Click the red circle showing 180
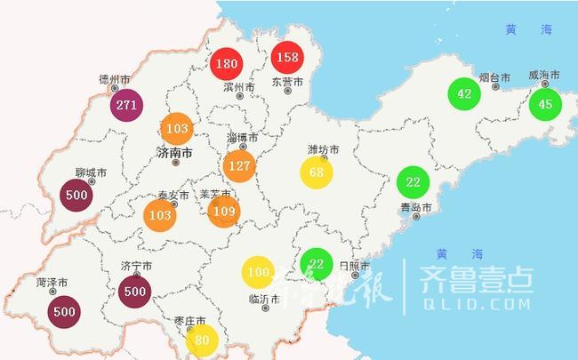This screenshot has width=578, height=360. (x=227, y=63)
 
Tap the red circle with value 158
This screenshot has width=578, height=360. (x=288, y=58)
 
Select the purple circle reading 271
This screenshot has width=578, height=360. (x=126, y=106)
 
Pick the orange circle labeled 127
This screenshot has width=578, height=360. (x=239, y=165)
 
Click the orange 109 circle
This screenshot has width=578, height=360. (x=224, y=211)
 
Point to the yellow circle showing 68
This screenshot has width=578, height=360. (x=317, y=172)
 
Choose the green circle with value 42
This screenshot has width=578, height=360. (x=463, y=94)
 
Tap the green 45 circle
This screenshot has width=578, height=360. (x=545, y=105)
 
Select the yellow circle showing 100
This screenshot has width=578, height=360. (x=259, y=271)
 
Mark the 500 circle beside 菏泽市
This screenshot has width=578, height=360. (x=64, y=312)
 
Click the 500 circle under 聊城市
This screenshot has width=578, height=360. (x=76, y=196)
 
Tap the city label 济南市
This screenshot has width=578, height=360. (x=174, y=153)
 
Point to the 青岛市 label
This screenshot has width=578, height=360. (x=415, y=208)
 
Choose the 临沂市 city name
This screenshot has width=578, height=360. (x=264, y=299)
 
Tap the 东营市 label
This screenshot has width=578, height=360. (x=287, y=82)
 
